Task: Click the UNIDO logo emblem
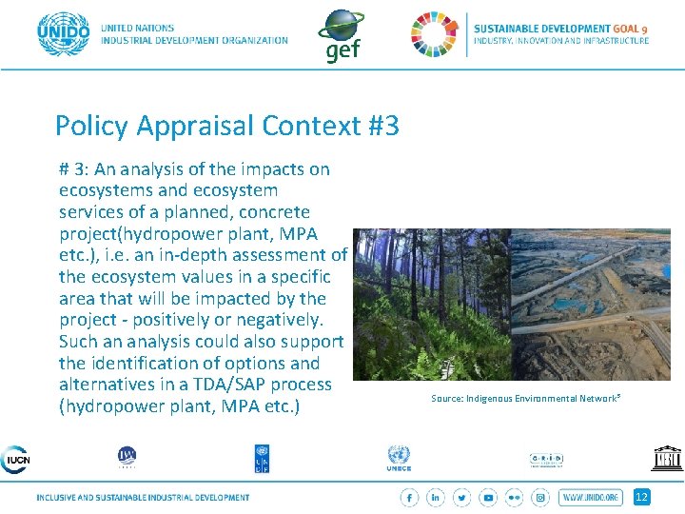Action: click(63, 34)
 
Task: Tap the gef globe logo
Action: click(340, 32)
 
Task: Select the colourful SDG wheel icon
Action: click(434, 34)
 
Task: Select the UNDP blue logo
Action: click(262, 458)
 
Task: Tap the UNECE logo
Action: click(399, 459)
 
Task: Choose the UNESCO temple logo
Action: click(667, 458)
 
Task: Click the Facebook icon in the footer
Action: click(410, 497)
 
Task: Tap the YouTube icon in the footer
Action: click(488, 497)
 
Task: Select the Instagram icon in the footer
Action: click(540, 497)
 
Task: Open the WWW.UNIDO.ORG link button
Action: click(591, 497)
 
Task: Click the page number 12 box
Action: click(642, 497)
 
